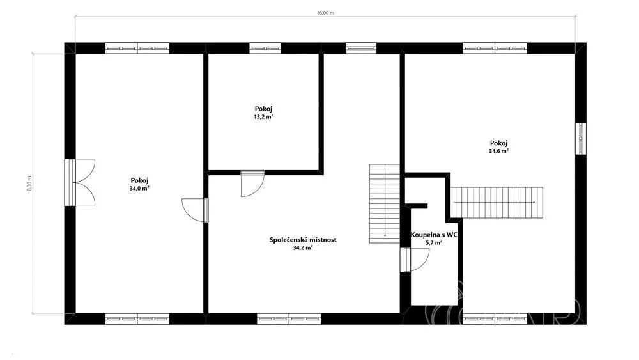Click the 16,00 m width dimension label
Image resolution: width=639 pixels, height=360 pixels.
tap(325, 13)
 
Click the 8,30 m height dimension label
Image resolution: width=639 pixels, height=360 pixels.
tap(29, 184)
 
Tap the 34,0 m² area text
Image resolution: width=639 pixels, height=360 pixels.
tap(139, 189)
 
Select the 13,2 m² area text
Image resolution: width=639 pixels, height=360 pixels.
tap(263, 116)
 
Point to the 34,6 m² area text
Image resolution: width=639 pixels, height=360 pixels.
tap(498, 151)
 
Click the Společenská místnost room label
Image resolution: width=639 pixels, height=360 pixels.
tap(303, 240)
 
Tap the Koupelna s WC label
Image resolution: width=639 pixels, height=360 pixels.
tap(433, 235)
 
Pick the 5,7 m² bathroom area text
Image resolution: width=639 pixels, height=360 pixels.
tap(434, 242)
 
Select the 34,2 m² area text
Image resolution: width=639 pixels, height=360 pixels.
tap(303, 247)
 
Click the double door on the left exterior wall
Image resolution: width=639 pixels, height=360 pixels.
tap(80, 182)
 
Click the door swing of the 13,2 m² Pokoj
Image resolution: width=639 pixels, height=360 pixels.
tap(252, 184)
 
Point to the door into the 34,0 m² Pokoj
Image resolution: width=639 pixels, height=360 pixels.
tap(195, 210)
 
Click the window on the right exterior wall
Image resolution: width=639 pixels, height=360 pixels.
tap(581, 139)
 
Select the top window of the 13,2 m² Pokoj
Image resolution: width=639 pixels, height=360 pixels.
tap(265, 48)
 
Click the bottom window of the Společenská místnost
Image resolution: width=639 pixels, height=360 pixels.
tap(289, 319)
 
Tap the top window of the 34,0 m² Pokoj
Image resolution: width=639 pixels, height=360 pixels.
tap(137, 48)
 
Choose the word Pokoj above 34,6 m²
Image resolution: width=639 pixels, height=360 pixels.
tap(499, 143)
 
